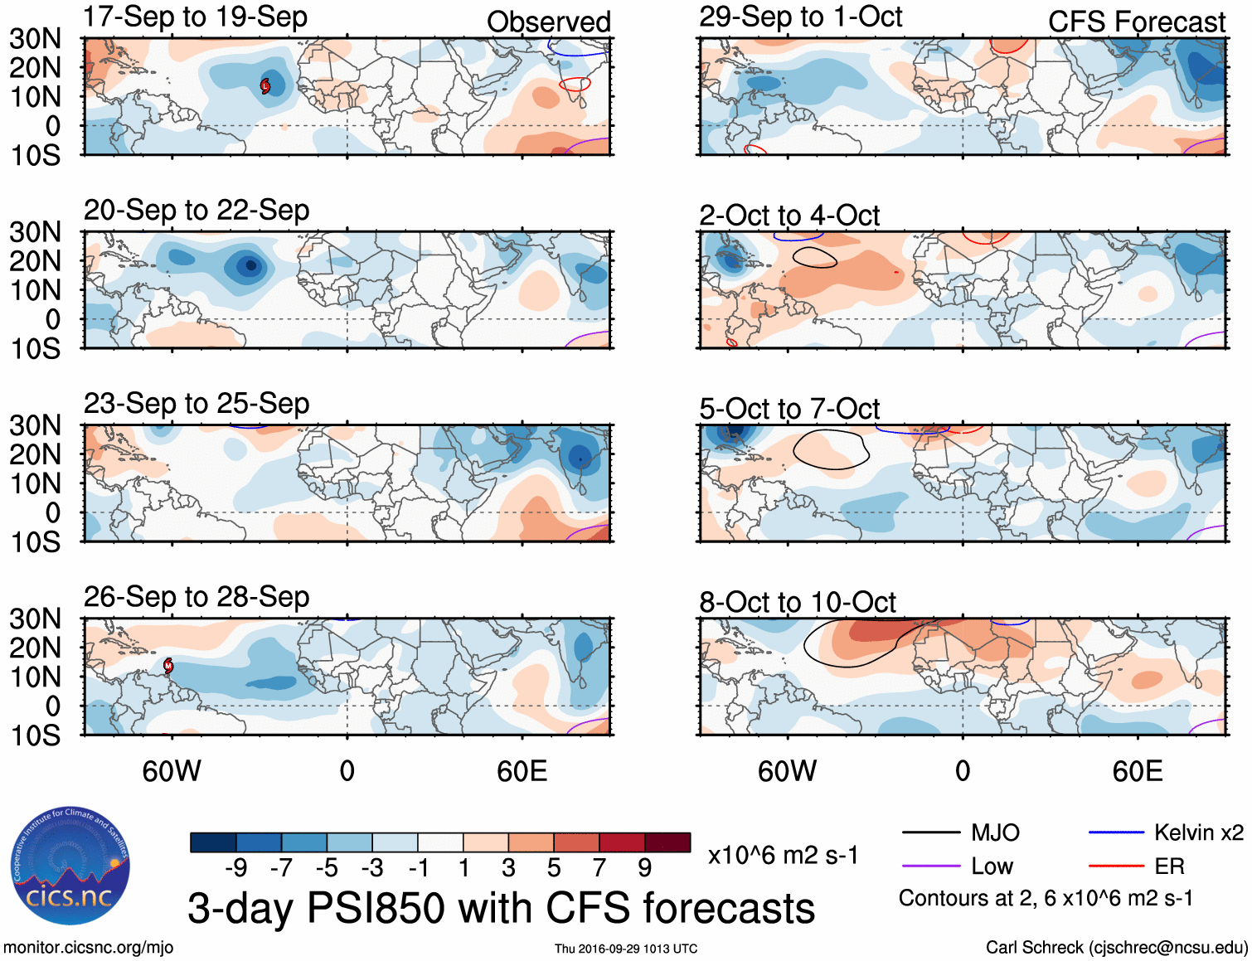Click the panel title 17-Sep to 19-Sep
pyautogui.click(x=195, y=17)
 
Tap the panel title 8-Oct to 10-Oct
pyautogui.click(x=797, y=602)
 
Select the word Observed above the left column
pyautogui.click(x=548, y=22)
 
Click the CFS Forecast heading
pyautogui.click(x=1136, y=22)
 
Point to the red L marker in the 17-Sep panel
pyautogui.click(x=265, y=85)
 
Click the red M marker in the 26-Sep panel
pyautogui.click(x=168, y=665)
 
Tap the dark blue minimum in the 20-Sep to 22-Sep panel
pyautogui.click(x=250, y=266)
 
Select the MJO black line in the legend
pyautogui.click(x=930, y=832)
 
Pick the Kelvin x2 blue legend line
pyautogui.click(x=1116, y=832)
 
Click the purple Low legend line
pyautogui.click(x=930, y=866)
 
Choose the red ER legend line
pyautogui.click(x=1116, y=866)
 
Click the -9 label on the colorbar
pyautogui.click(x=235, y=867)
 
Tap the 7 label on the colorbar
pyautogui.click(x=599, y=867)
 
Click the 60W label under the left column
pyautogui.click(x=172, y=771)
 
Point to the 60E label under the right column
pyautogui.click(x=1137, y=771)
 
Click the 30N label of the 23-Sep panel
pyautogui.click(x=35, y=425)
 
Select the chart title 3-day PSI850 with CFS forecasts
pyautogui.click(x=501, y=908)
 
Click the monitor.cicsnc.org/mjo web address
pyautogui.click(x=88, y=947)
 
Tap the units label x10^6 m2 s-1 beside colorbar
pyautogui.click(x=783, y=855)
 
